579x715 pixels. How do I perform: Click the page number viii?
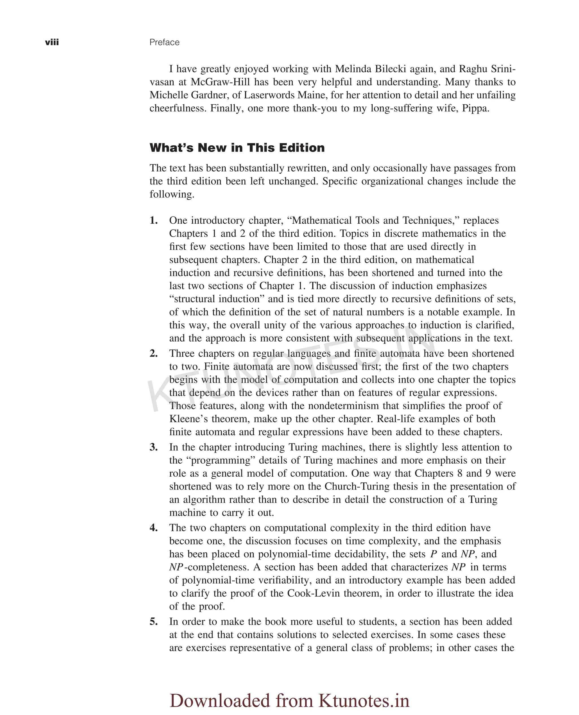(x=52, y=42)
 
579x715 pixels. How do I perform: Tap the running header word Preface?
(x=165, y=42)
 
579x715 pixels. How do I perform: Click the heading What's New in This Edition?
(x=237, y=148)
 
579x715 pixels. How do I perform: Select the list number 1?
(x=154, y=221)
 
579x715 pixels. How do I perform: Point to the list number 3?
(x=154, y=447)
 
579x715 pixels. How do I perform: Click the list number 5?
(x=154, y=622)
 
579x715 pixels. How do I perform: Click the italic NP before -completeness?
(x=176, y=567)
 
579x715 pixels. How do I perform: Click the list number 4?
(x=154, y=528)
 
